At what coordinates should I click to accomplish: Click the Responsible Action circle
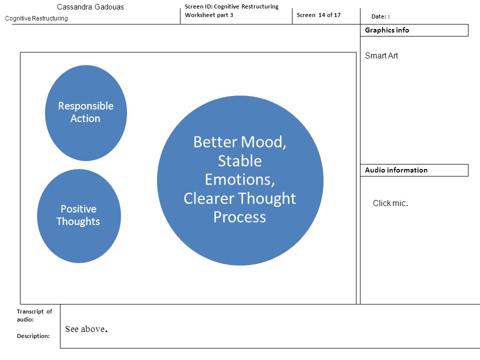[86, 113]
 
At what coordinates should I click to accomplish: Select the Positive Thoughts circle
[79, 216]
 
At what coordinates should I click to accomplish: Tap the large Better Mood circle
[240, 180]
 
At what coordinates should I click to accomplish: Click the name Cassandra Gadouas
[90, 7]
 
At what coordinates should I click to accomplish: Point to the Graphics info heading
[387, 30]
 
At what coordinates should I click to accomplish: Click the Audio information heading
[396, 170]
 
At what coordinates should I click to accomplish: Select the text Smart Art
[381, 55]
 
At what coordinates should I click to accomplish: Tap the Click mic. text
[390, 203]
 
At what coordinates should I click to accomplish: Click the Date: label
[380, 16]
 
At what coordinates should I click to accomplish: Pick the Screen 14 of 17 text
[318, 15]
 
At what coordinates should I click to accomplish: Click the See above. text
[86, 329]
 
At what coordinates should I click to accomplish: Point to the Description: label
[33, 336]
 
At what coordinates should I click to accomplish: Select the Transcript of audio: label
[34, 315]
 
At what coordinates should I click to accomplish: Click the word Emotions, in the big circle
[239, 179]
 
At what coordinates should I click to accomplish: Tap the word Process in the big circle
[239, 217]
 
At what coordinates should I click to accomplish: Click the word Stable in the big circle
[239, 160]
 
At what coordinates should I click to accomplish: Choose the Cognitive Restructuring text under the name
[36, 18]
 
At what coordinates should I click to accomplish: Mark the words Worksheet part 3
[209, 15]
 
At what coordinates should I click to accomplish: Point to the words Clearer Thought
[239, 198]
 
